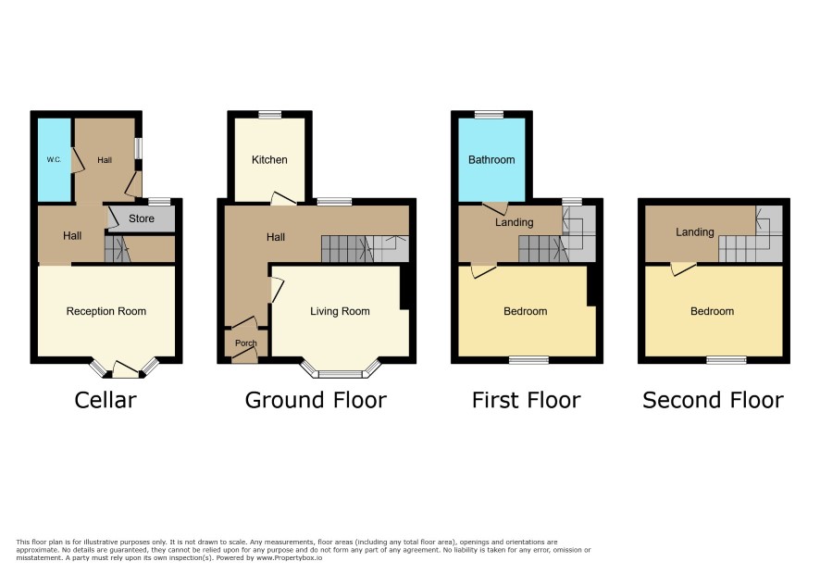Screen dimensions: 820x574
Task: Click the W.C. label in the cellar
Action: point(54,159)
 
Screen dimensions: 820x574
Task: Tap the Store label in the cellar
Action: point(142,218)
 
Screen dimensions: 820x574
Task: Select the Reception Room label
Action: point(106,311)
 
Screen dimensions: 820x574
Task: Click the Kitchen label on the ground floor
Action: point(269,159)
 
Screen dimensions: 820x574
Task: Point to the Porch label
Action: point(246,343)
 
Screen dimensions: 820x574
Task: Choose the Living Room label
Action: point(340,311)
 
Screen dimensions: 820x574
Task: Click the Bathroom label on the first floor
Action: point(491,159)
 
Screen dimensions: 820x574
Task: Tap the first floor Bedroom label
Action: point(526,311)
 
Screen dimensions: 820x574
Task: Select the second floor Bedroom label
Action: point(713,311)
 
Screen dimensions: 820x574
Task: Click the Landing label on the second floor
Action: point(694,231)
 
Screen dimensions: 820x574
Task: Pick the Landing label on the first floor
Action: point(514,222)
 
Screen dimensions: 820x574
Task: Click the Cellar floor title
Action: point(106,400)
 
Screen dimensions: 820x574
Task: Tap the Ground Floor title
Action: point(316,400)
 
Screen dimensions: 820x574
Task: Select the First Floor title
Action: point(526,400)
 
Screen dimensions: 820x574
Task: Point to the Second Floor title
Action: point(714,400)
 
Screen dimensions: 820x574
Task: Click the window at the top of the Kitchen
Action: point(270,115)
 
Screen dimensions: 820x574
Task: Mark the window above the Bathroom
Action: point(489,115)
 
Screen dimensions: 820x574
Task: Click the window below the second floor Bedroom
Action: point(727,359)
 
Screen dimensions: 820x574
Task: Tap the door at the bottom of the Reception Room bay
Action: point(126,370)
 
